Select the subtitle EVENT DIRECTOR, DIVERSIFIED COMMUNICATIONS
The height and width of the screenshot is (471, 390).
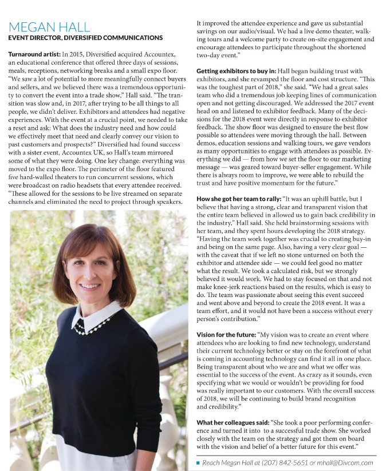(85, 38)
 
